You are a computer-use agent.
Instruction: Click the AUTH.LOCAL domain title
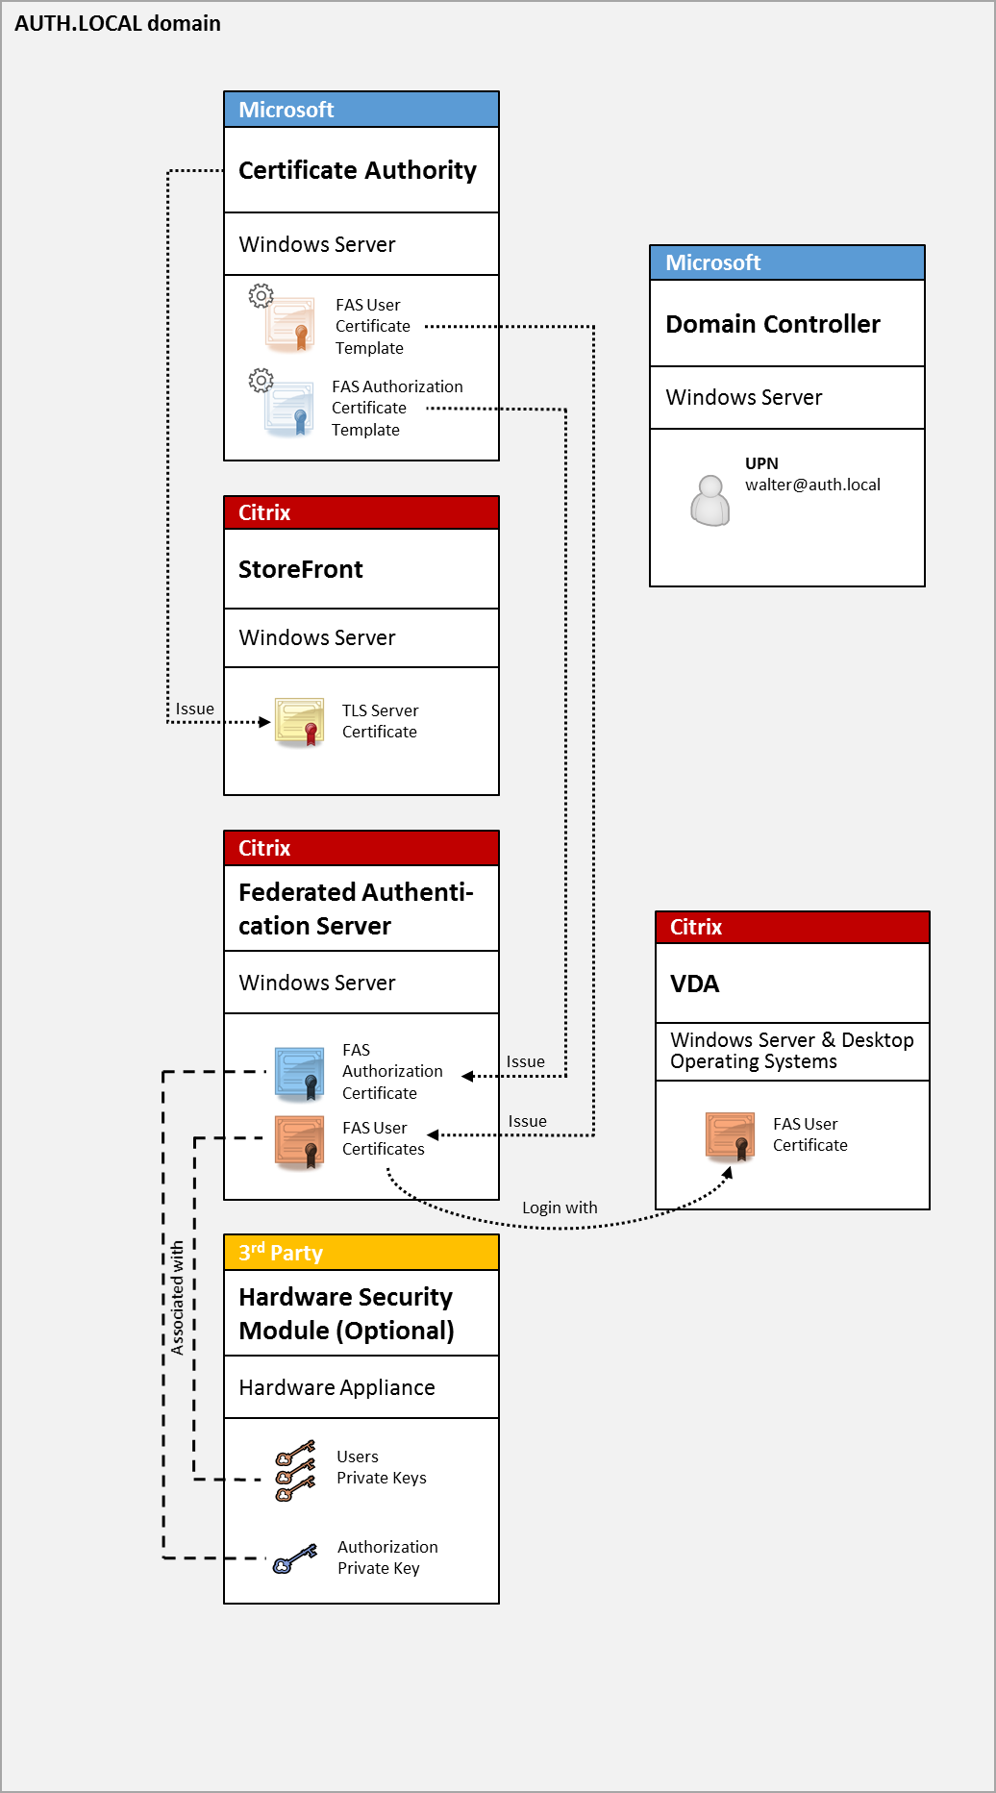pos(117,23)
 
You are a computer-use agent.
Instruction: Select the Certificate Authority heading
pos(357,170)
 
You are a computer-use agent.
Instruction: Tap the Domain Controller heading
pos(772,324)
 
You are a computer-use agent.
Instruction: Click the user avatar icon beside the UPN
pos(710,500)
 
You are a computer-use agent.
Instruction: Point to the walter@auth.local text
pos(812,485)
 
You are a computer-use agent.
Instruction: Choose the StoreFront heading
pos(300,569)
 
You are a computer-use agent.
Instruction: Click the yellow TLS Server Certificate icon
pos(300,722)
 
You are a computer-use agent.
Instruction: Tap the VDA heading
pos(694,984)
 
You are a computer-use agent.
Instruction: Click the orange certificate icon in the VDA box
pos(731,1135)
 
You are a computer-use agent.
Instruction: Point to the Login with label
pos(560,1208)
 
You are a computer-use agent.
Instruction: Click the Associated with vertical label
pos(177,1298)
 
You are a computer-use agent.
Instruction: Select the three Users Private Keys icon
pos(295,1470)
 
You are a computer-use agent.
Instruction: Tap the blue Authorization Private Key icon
pos(294,1558)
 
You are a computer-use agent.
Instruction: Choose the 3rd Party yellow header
pos(361,1253)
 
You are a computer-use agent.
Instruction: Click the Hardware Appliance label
pos(336,1387)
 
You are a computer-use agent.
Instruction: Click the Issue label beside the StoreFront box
pos(194,709)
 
